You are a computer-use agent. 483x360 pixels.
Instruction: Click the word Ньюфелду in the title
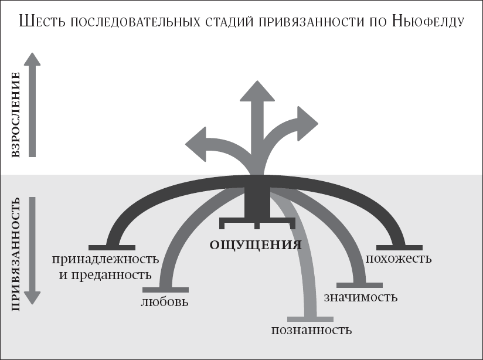[x=428, y=22]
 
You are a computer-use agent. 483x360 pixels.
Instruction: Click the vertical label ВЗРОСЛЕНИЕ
[x=15, y=115]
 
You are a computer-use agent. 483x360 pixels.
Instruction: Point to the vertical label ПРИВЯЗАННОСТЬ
[x=15, y=254]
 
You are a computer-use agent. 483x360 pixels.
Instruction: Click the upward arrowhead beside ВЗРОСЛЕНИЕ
[x=32, y=59]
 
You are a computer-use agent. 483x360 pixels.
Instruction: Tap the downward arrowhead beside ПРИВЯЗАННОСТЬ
[x=32, y=298]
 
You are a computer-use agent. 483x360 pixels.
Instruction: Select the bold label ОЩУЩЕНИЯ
[x=256, y=246]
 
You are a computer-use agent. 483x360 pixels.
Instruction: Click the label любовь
[x=165, y=302]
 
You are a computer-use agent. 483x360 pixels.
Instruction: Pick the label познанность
[x=311, y=330]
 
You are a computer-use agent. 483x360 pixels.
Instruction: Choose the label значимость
[x=360, y=297]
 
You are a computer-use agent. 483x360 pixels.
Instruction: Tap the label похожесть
[x=399, y=259]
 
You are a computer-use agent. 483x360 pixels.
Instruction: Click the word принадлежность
[x=106, y=260]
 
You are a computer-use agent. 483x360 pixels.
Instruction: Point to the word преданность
[x=111, y=275]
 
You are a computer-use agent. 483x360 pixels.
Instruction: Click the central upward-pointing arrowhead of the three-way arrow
[x=257, y=91]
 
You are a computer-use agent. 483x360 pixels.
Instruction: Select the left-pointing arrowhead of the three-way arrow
[x=196, y=144]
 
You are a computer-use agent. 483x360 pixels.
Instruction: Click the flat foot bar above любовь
[x=166, y=290]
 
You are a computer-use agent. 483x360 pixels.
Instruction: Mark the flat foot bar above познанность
[x=310, y=319]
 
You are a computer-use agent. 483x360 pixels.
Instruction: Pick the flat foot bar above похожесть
[x=400, y=248]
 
